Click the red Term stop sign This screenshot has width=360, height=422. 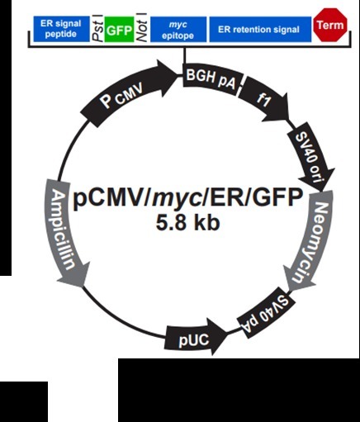click(x=330, y=25)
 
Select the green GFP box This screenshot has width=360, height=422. click(x=119, y=30)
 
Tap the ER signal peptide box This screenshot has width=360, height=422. click(x=61, y=29)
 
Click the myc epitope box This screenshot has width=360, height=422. click(x=178, y=30)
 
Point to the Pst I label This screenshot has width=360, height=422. click(x=98, y=30)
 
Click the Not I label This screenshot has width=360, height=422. click(x=142, y=30)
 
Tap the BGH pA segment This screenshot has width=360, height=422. click(x=212, y=79)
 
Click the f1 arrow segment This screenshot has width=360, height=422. click(x=263, y=101)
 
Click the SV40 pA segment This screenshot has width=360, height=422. click(x=266, y=314)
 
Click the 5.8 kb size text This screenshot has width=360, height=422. click(x=188, y=222)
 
